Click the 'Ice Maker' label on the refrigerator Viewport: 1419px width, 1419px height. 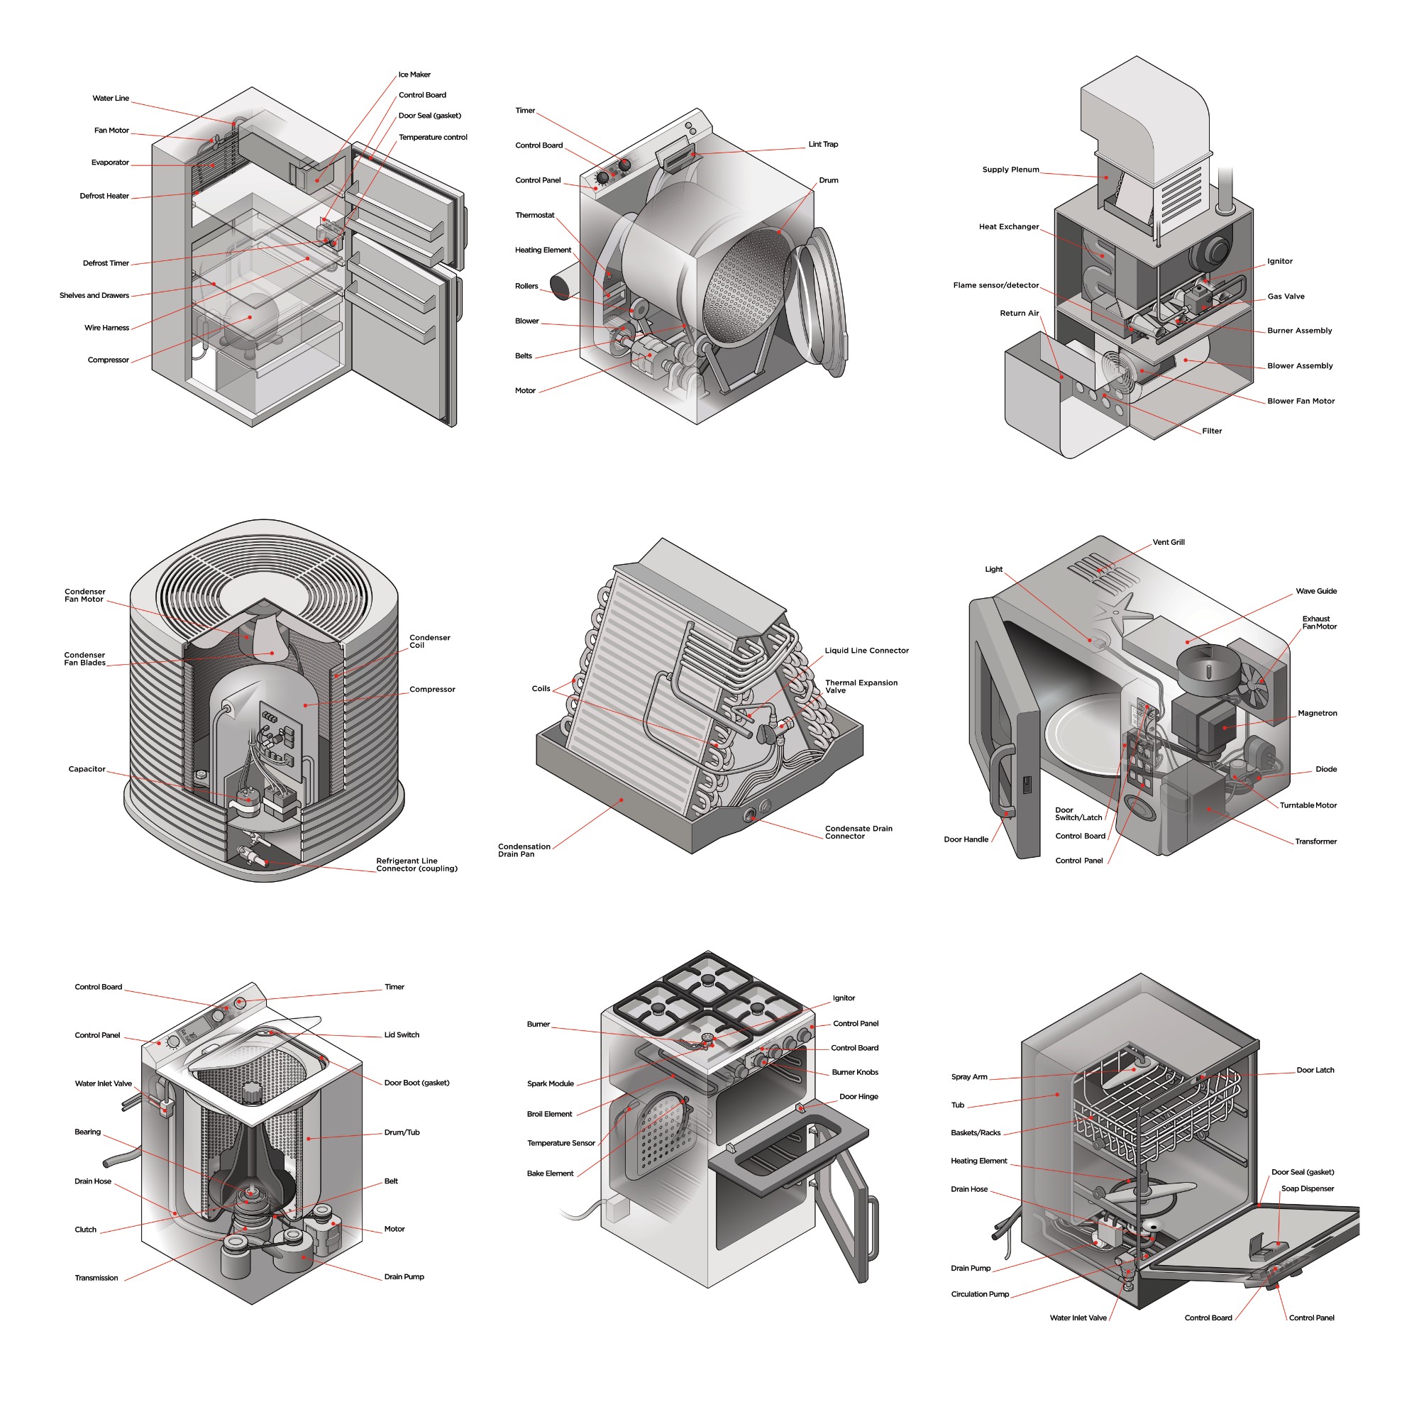point(414,75)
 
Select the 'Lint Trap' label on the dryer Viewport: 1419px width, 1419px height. point(822,144)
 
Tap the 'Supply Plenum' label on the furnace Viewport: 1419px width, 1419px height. point(1010,170)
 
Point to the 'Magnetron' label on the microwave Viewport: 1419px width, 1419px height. point(1317,713)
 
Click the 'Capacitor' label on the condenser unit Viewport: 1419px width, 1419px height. point(87,769)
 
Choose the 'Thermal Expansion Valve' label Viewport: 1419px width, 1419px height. point(861,687)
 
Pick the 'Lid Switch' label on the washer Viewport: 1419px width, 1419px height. point(402,1035)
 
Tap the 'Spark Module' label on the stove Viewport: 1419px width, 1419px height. point(550,1083)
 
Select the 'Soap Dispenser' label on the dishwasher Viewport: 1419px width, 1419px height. point(1308,1188)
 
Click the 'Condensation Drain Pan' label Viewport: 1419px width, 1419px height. point(524,850)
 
